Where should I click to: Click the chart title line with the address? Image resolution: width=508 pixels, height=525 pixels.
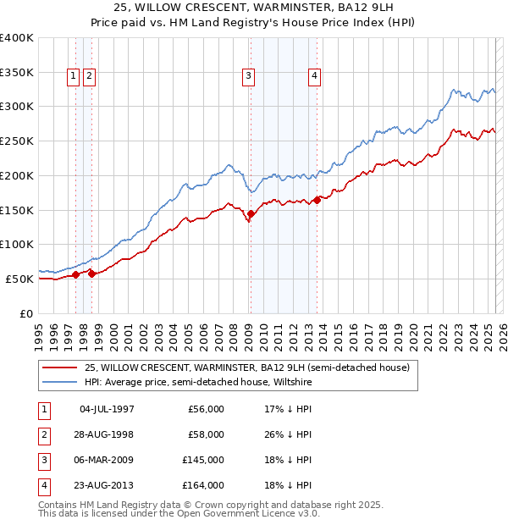coord(253,8)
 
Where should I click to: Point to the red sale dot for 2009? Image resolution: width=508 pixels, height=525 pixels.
coord(250,216)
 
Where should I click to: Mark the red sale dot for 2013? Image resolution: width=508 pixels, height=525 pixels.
coord(317,201)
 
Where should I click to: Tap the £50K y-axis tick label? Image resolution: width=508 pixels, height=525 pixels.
coord(20,279)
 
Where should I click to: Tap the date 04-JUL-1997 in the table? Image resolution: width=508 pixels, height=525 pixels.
coord(107,409)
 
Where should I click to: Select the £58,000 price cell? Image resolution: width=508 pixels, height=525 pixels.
coord(206,434)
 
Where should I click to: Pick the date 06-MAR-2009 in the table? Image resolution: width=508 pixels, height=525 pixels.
coord(107,460)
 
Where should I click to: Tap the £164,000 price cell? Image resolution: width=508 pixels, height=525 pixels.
coord(206,485)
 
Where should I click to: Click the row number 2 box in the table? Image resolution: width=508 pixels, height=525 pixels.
coord(42,434)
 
